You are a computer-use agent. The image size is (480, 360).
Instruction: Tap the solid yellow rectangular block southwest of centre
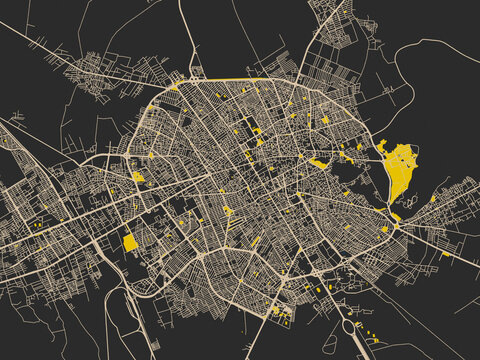130,242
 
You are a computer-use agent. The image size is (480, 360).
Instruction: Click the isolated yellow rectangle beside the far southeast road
446,254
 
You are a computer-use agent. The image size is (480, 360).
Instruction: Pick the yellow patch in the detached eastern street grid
433,198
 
